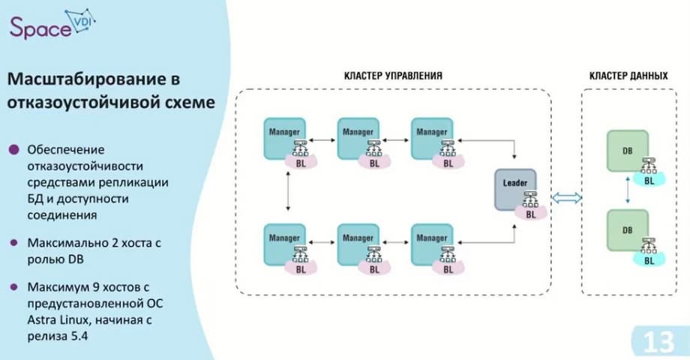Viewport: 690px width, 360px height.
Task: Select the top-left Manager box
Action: [x=284, y=136]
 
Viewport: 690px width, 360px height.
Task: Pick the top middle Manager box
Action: [x=358, y=136]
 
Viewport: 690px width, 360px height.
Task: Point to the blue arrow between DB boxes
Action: [x=627, y=191]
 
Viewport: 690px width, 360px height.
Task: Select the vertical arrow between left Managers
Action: [x=288, y=191]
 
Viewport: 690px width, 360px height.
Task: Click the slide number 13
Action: [x=658, y=343]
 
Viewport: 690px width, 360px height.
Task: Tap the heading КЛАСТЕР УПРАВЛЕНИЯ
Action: [x=392, y=76]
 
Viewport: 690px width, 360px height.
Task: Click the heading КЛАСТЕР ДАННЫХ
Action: [x=628, y=76]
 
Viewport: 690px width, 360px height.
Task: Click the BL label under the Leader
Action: [x=530, y=214]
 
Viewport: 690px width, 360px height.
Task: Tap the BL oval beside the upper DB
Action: [x=649, y=180]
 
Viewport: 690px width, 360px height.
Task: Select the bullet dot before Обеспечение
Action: [x=13, y=149]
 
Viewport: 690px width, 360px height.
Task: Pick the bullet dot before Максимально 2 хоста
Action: [x=13, y=244]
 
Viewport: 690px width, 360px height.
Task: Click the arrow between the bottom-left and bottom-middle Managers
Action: [x=322, y=241]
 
